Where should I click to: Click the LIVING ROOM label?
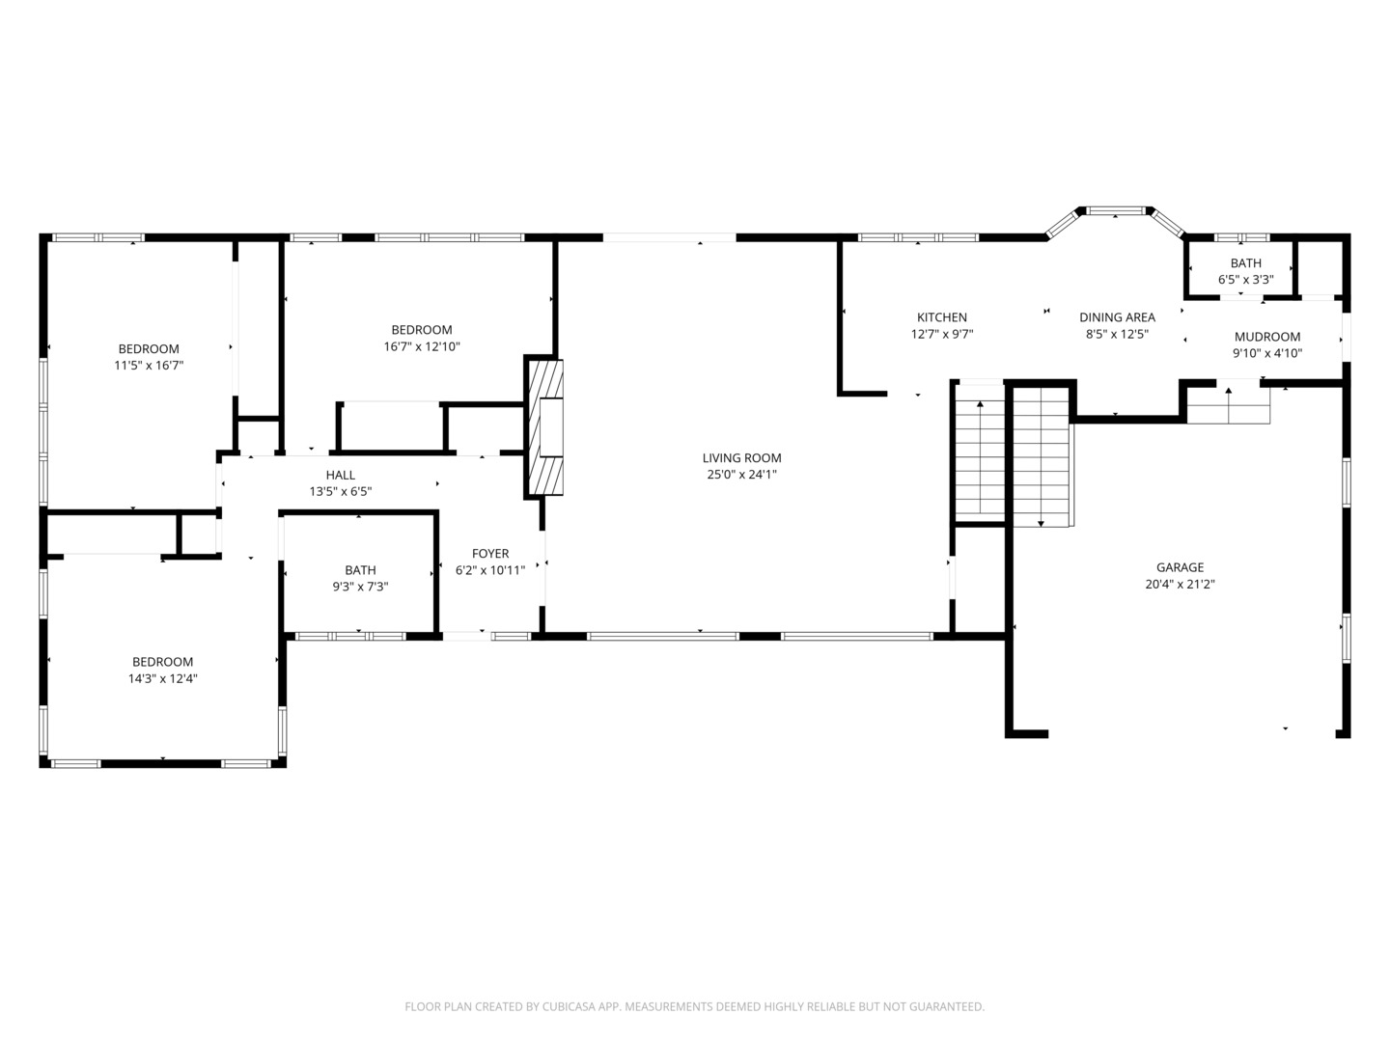click(741, 457)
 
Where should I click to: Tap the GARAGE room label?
click(1180, 567)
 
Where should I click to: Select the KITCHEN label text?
click(942, 317)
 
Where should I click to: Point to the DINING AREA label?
click(1117, 317)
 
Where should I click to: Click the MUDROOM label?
click(1267, 338)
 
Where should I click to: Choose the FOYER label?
click(490, 554)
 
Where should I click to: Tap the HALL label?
click(341, 475)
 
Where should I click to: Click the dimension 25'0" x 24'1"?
click(741, 475)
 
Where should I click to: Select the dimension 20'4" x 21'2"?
click(1180, 585)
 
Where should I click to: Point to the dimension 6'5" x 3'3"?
click(1245, 280)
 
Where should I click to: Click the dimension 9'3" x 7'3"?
click(360, 588)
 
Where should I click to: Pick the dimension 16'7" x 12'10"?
click(422, 346)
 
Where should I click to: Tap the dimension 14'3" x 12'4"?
click(163, 679)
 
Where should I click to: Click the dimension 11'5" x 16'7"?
click(149, 366)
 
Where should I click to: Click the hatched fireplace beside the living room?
click(543, 427)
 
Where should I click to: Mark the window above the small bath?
click(1241, 238)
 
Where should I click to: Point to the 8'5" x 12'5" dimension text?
click(1117, 335)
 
